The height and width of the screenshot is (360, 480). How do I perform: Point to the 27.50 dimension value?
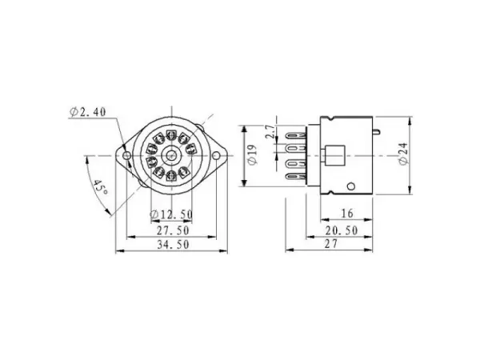click(x=173, y=230)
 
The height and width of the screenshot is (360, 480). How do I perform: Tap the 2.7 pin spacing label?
click(x=270, y=132)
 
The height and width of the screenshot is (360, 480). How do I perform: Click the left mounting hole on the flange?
click(x=124, y=155)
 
